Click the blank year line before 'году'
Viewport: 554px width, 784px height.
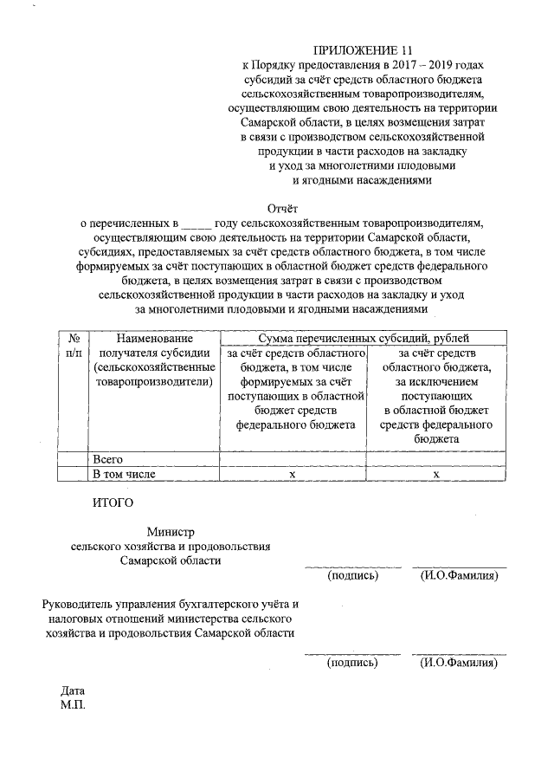pyautogui.click(x=196, y=223)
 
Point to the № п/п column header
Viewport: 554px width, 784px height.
pyautogui.click(x=74, y=346)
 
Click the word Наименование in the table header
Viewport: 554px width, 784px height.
pyautogui.click(x=155, y=339)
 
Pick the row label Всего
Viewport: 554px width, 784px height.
pyautogui.click(x=108, y=458)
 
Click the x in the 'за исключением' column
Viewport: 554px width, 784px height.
pyautogui.click(x=436, y=474)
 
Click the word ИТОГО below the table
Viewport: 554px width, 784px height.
pyautogui.click(x=113, y=502)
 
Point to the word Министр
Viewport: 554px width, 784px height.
pyautogui.click(x=171, y=532)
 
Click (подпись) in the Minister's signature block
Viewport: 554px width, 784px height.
pyautogui.click(x=352, y=575)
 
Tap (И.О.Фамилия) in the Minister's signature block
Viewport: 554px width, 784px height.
pyautogui.click(x=458, y=575)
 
